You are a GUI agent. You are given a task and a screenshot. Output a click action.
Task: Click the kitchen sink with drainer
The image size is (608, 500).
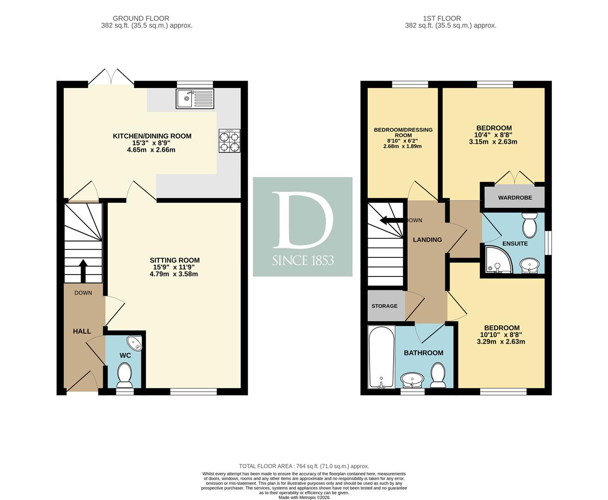(x=195, y=99)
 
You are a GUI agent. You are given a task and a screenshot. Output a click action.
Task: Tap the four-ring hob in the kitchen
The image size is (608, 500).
(x=230, y=141)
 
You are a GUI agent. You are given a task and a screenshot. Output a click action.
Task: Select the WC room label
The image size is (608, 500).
(x=125, y=356)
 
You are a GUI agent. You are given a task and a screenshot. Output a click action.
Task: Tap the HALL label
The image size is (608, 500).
(x=82, y=331)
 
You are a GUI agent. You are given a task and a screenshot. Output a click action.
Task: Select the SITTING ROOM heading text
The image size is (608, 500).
(x=175, y=260)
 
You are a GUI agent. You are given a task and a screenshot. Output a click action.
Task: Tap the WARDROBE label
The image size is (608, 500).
(x=515, y=198)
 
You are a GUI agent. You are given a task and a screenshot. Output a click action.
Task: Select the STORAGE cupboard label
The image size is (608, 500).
(x=384, y=306)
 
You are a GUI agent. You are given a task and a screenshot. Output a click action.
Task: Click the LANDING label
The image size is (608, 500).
(x=427, y=240)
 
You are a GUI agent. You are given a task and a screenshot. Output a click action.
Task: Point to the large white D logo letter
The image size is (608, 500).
(x=303, y=220)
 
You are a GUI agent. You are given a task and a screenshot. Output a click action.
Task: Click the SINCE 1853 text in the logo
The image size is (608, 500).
(x=303, y=261)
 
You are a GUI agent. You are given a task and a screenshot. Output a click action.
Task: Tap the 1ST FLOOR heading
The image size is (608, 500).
(x=442, y=19)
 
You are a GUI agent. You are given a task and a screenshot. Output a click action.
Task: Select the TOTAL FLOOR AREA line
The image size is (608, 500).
(x=304, y=466)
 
